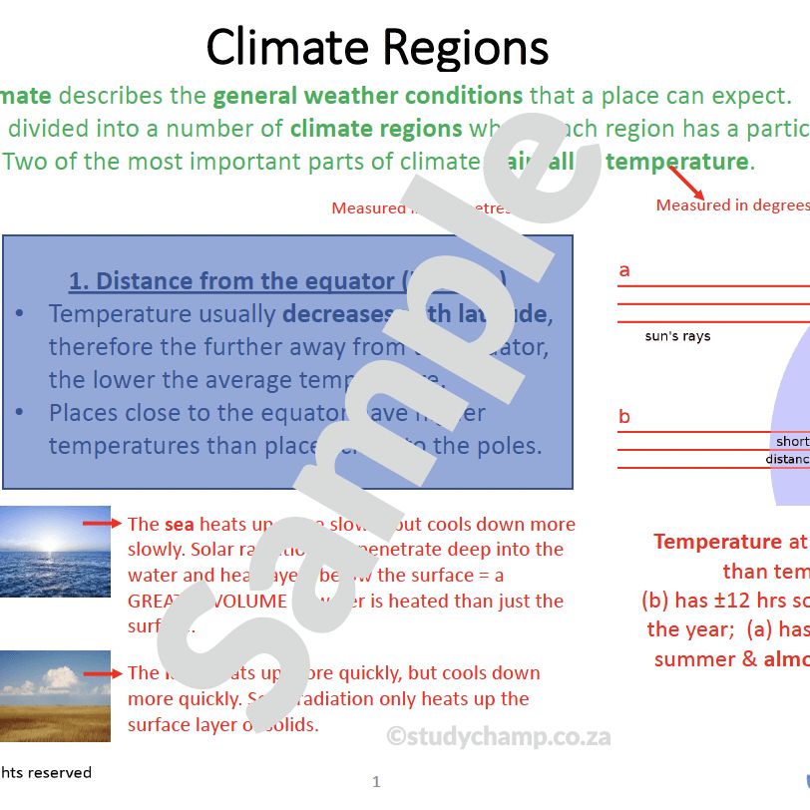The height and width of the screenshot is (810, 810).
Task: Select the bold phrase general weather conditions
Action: pyautogui.click(x=367, y=97)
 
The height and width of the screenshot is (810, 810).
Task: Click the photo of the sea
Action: pyautogui.click(x=41, y=551)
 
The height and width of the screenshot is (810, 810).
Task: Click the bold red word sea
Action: pyautogui.click(x=180, y=524)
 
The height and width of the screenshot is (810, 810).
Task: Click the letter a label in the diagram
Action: pyautogui.click(x=624, y=270)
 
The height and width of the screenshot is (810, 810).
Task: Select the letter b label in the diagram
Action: pyautogui.click(x=624, y=417)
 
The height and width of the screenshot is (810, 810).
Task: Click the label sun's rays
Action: pyautogui.click(x=677, y=337)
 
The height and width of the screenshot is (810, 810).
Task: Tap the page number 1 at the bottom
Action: pyautogui.click(x=376, y=782)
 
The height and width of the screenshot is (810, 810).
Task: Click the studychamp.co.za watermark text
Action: pyautogui.click(x=499, y=737)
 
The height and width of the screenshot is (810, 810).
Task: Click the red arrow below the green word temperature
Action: pyautogui.click(x=686, y=183)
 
